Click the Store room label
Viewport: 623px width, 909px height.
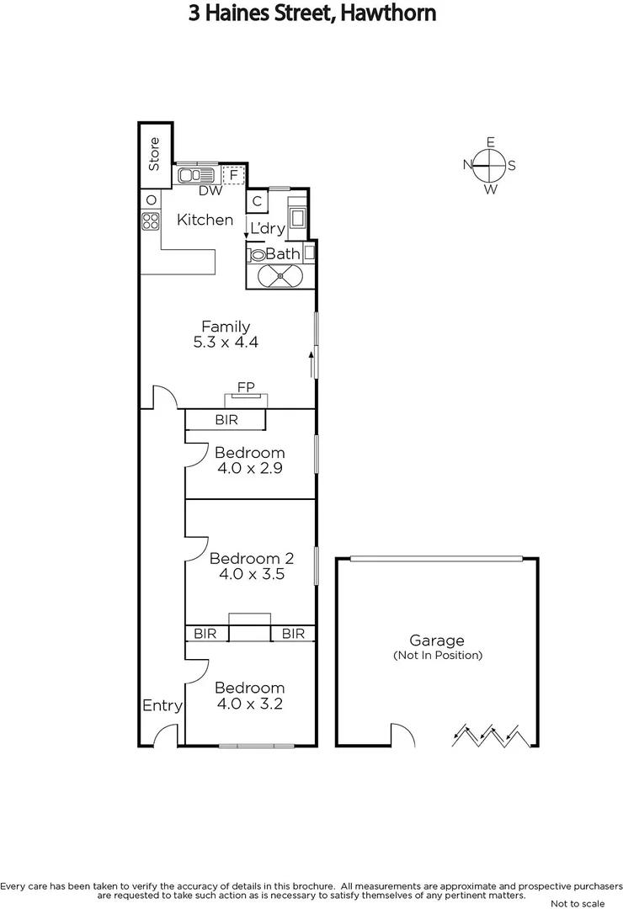(154, 153)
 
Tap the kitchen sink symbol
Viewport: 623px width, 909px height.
(197, 175)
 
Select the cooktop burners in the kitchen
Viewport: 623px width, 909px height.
(151, 221)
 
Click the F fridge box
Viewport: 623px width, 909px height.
(233, 175)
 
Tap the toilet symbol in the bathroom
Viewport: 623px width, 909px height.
(255, 253)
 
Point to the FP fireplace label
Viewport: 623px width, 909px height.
(246, 387)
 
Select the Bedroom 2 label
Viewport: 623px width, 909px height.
(252, 558)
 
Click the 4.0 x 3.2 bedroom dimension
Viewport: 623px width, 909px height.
(250, 704)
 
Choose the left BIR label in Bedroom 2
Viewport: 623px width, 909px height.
(205, 634)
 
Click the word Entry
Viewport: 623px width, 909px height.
(162, 705)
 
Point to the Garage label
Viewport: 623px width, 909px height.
(437, 641)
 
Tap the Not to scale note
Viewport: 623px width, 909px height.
(577, 903)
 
